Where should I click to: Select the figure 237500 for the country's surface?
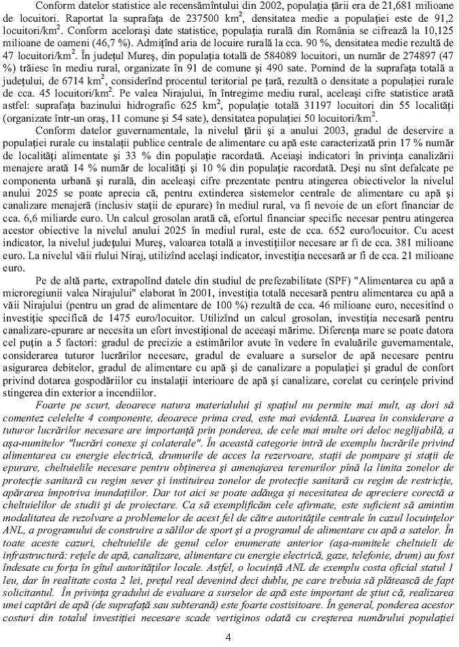[x=192, y=19]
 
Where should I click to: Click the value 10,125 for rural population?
[x=435, y=31]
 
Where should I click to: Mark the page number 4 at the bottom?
[x=228, y=637]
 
